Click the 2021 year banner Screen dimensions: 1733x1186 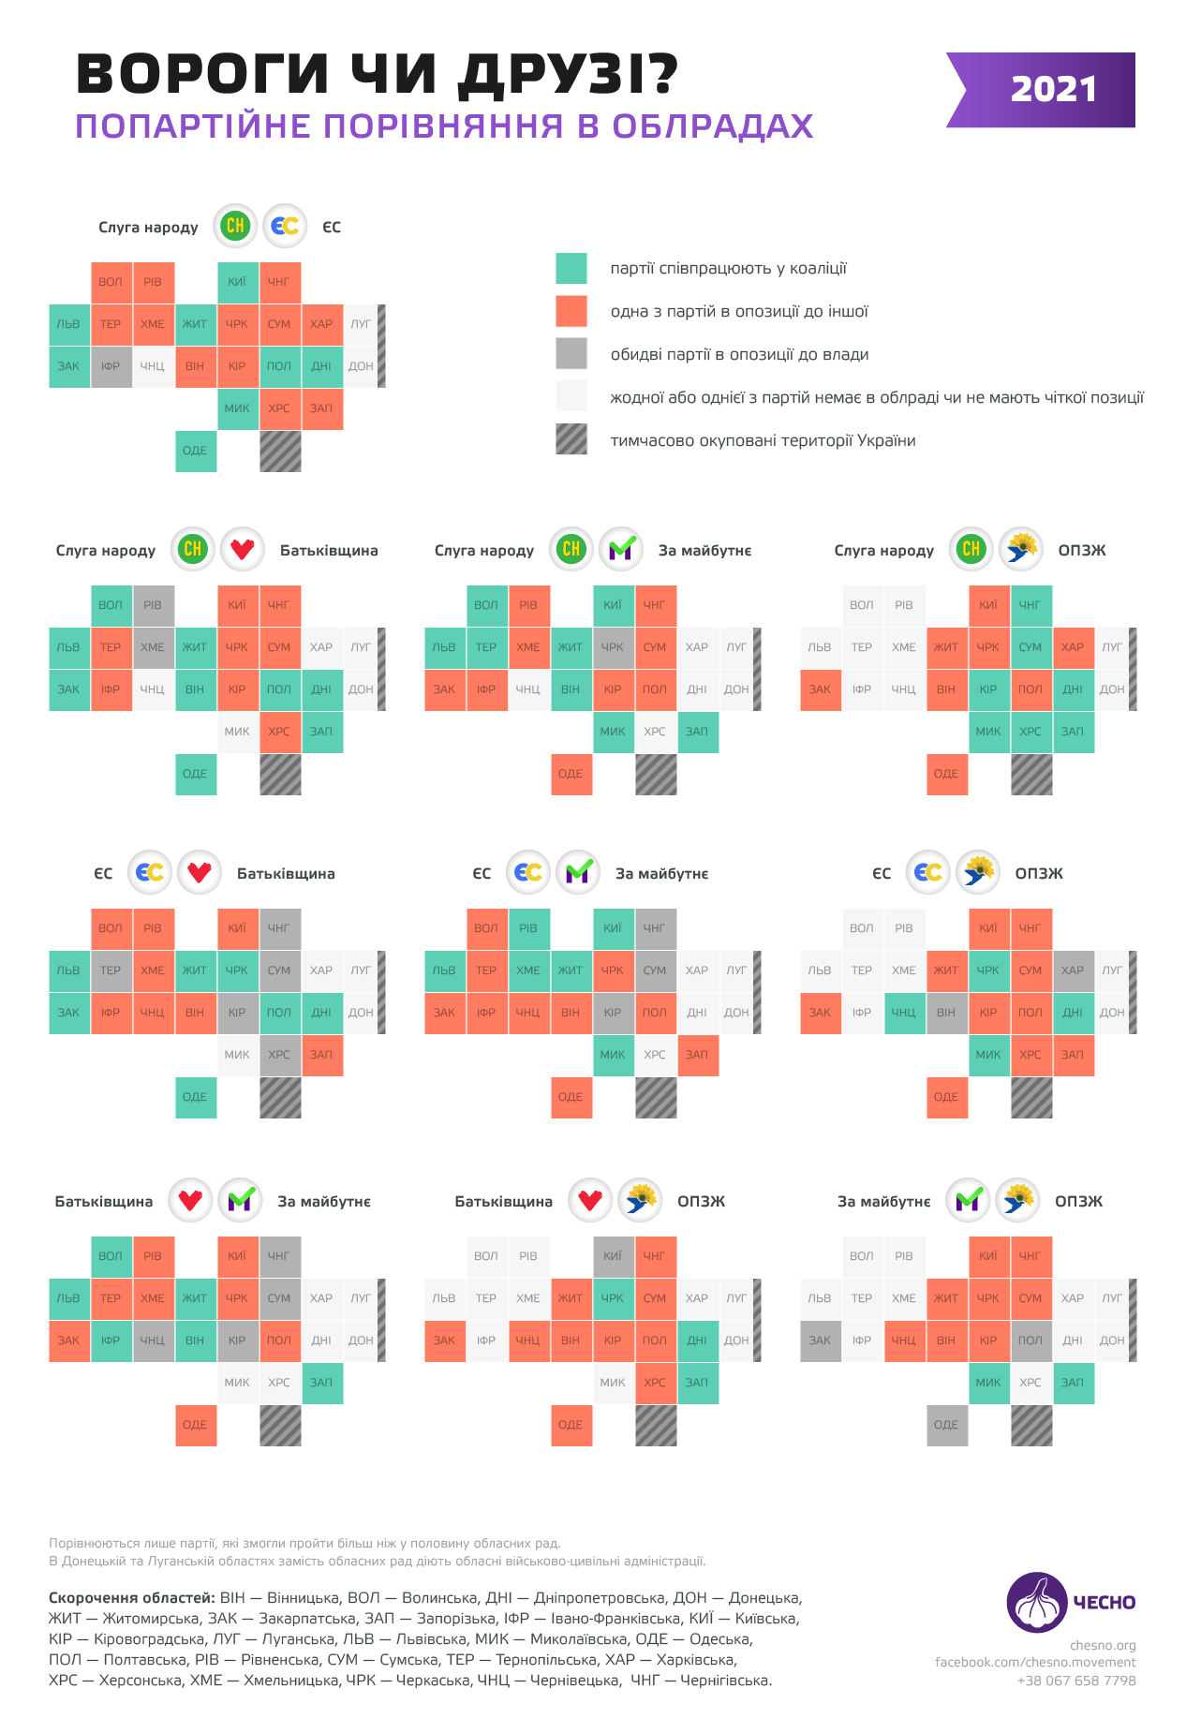click(x=1053, y=90)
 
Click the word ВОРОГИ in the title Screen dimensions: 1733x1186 click(x=202, y=75)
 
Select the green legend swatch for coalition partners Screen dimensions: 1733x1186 click(x=571, y=269)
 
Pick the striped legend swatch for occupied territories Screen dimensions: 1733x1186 click(x=571, y=439)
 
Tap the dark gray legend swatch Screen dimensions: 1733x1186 click(x=571, y=354)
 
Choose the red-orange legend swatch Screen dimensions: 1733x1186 click(x=571, y=311)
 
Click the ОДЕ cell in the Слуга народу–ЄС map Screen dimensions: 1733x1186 click(x=196, y=451)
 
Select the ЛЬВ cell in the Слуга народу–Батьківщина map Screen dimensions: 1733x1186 click(x=69, y=647)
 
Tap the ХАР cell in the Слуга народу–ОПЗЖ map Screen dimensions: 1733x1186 click(x=1073, y=647)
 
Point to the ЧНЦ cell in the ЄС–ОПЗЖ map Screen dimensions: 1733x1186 click(x=904, y=1013)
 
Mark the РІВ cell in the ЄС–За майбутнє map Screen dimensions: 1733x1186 click(x=528, y=928)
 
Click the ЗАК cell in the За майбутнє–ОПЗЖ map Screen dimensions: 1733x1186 click(x=820, y=1340)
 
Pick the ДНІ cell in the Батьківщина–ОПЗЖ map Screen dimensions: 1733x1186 click(x=697, y=1340)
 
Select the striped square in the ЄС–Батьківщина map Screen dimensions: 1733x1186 click(x=280, y=1097)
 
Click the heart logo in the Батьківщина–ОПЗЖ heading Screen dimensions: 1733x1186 click(x=590, y=1201)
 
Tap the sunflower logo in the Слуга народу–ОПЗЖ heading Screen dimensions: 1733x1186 click(x=1021, y=550)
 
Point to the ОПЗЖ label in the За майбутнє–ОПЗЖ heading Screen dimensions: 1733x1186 click(x=1078, y=1201)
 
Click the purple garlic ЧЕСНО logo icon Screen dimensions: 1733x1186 click(x=1036, y=1602)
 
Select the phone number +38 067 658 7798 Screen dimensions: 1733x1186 click(x=1076, y=1681)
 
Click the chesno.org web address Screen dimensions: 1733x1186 click(x=1103, y=1645)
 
